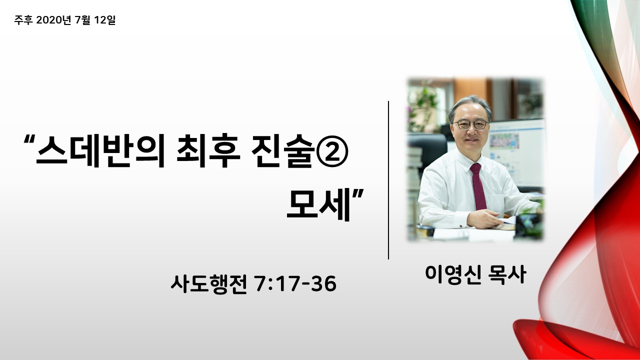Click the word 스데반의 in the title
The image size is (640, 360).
[100, 150]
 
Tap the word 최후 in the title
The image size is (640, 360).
[208, 150]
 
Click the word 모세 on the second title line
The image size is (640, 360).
[318, 204]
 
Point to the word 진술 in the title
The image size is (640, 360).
[282, 150]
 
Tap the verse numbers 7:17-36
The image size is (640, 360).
[295, 283]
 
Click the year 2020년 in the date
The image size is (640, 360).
[53, 20]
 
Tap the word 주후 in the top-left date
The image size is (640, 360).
[23, 20]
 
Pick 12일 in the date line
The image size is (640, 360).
[104, 20]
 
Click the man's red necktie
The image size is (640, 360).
[478, 186]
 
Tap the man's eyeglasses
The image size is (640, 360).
[470, 124]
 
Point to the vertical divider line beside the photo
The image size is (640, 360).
[388, 180]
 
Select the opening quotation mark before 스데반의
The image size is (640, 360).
[29, 139]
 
